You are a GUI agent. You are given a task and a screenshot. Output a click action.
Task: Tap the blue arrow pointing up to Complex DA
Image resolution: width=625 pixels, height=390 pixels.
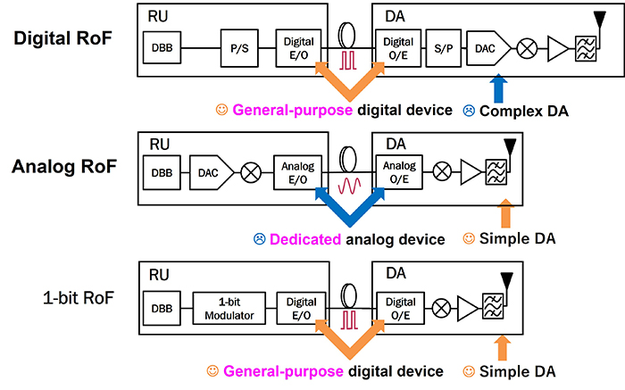pos(498,90)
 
